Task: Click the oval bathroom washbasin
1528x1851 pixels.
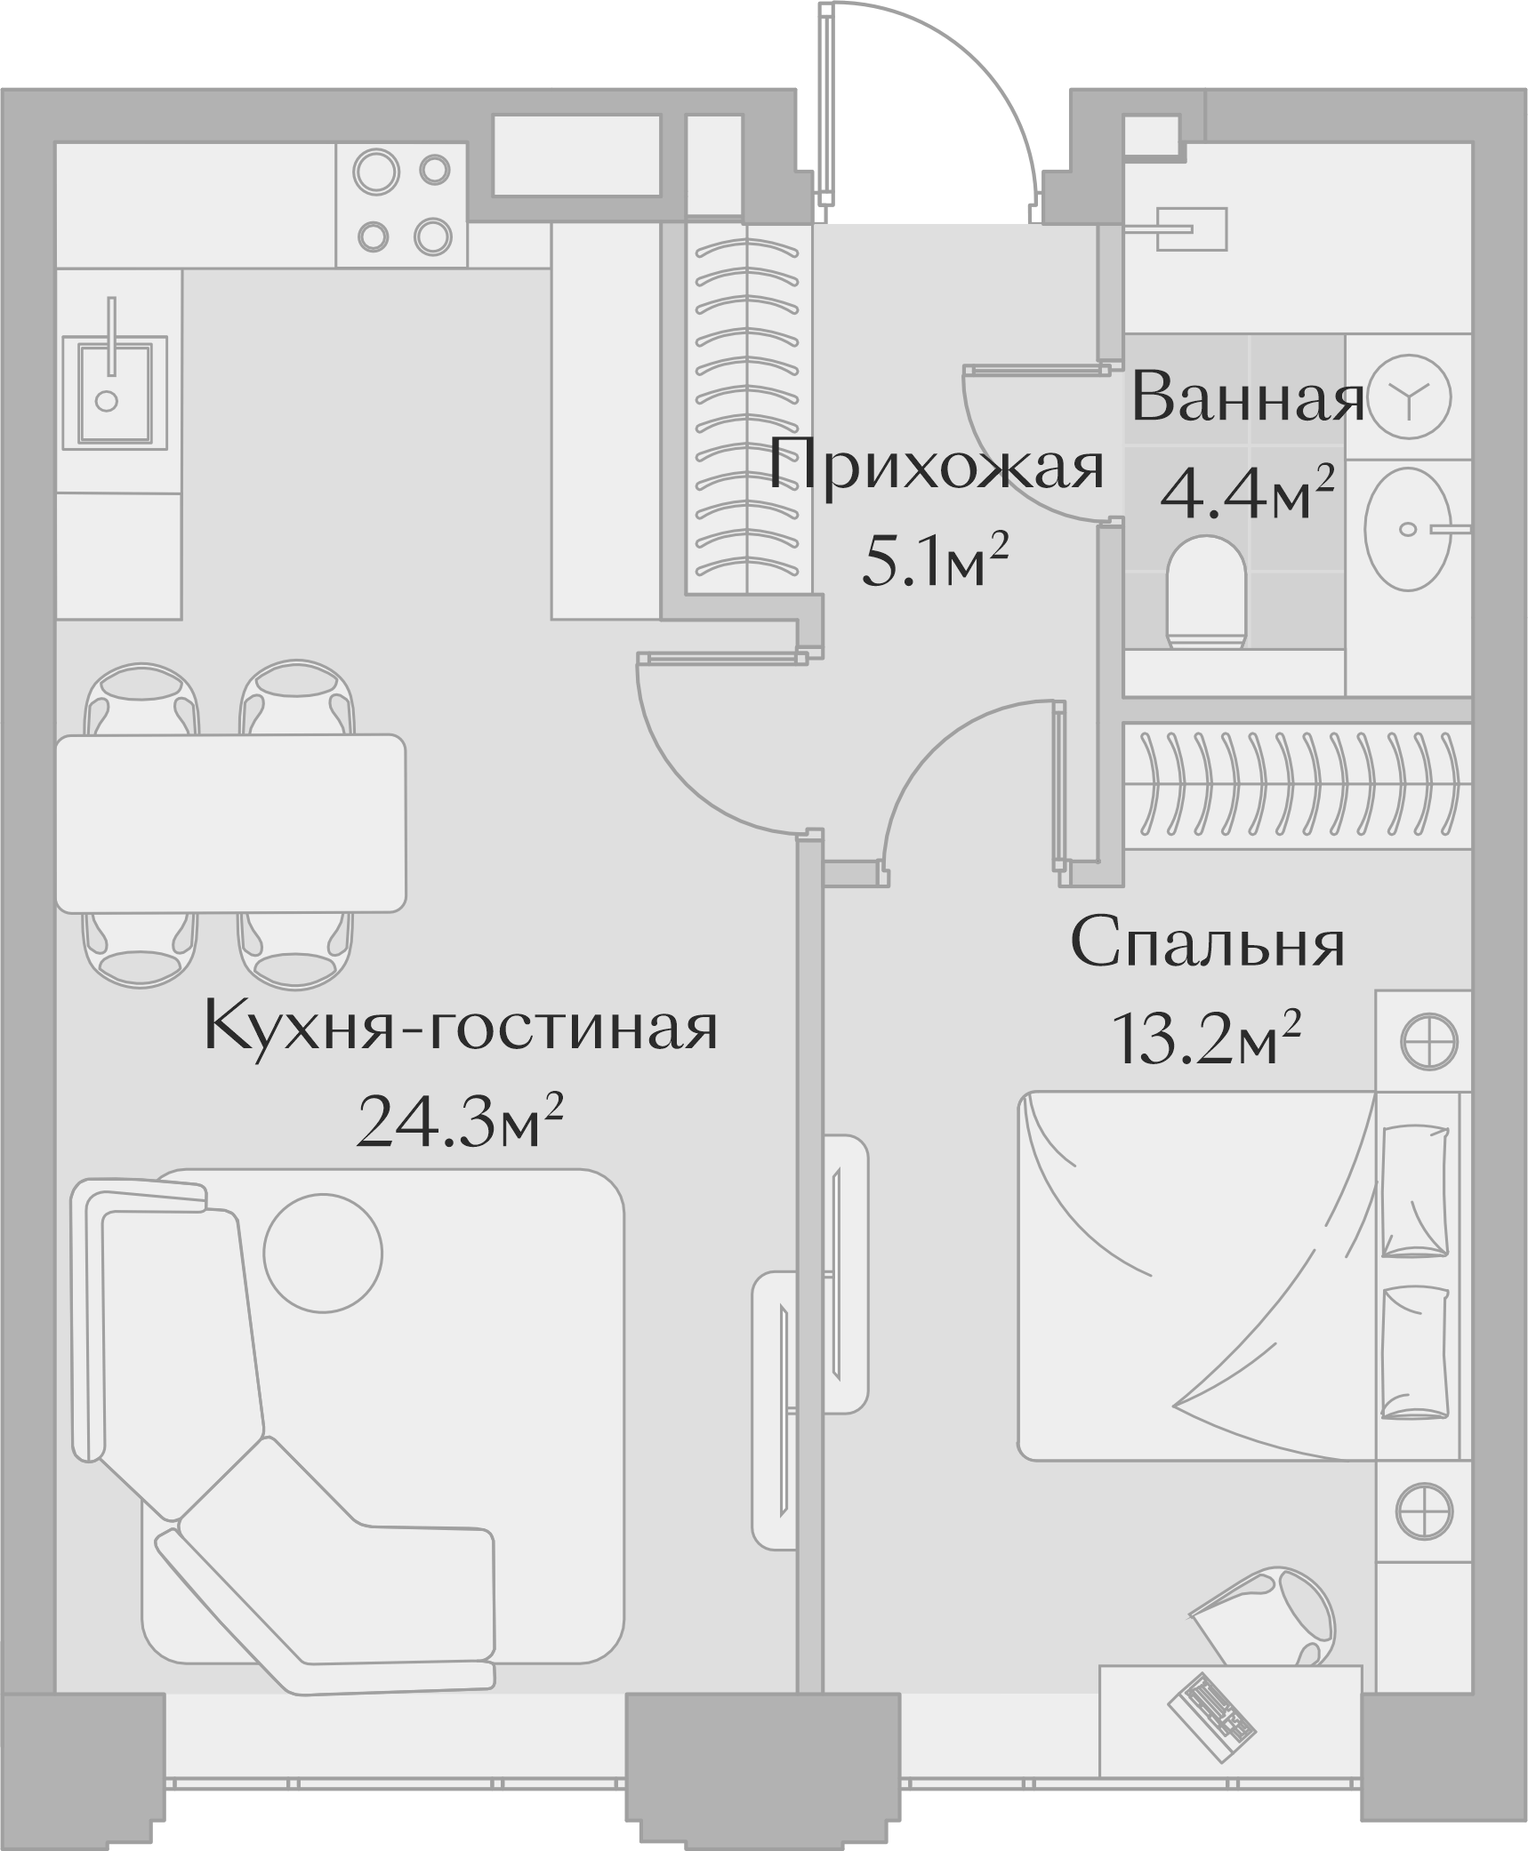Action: pos(1408,529)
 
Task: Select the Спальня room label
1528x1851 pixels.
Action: pos(1207,945)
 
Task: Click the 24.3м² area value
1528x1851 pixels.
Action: pos(460,1123)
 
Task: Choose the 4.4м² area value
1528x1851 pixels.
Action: pos(1247,495)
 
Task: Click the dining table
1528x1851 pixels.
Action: pos(230,822)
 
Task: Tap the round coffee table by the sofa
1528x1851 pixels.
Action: pos(323,1252)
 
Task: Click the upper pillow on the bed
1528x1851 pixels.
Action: pos(1416,1191)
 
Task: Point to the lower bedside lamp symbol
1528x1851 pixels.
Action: pos(1424,1509)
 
